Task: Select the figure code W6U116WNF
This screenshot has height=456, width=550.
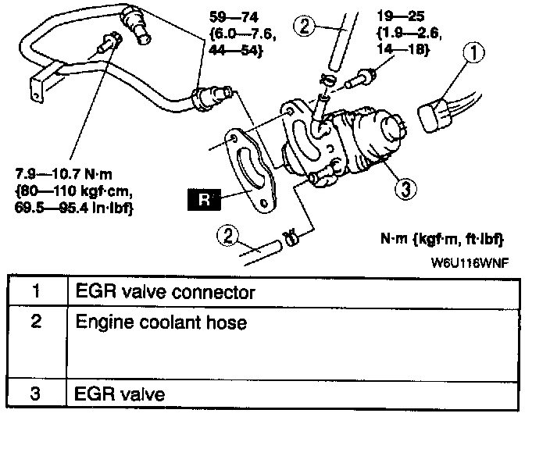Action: point(469,262)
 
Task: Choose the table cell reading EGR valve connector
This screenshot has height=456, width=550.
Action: point(166,293)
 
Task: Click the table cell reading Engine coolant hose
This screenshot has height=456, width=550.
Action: point(160,322)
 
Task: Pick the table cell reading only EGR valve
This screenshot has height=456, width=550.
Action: point(120,394)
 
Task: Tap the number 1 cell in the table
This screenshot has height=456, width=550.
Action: point(36,293)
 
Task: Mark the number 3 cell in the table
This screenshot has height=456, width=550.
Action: point(36,394)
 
